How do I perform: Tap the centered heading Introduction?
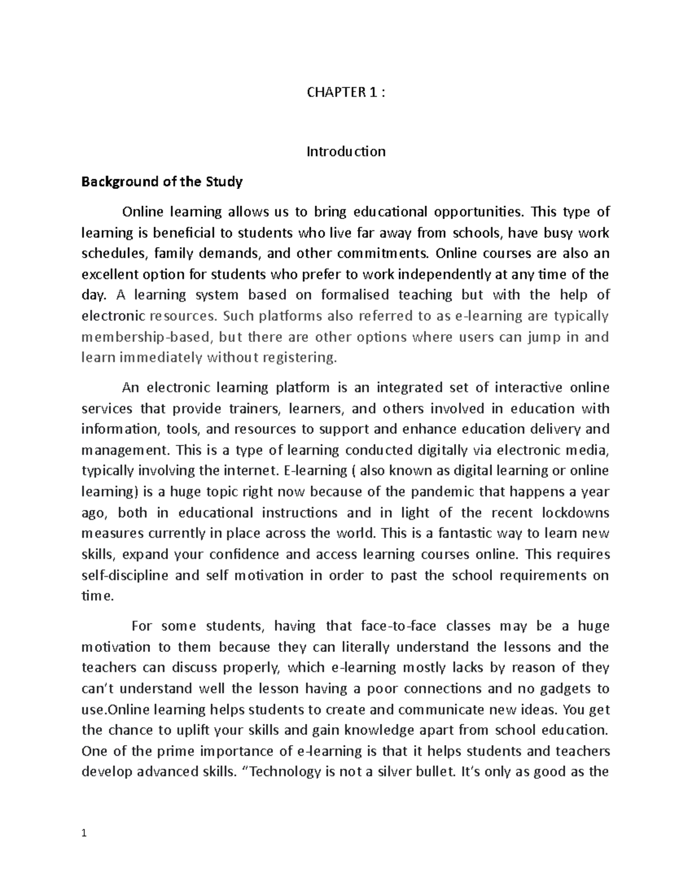coord(345,152)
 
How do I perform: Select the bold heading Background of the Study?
coord(162,182)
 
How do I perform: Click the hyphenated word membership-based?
coord(146,337)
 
